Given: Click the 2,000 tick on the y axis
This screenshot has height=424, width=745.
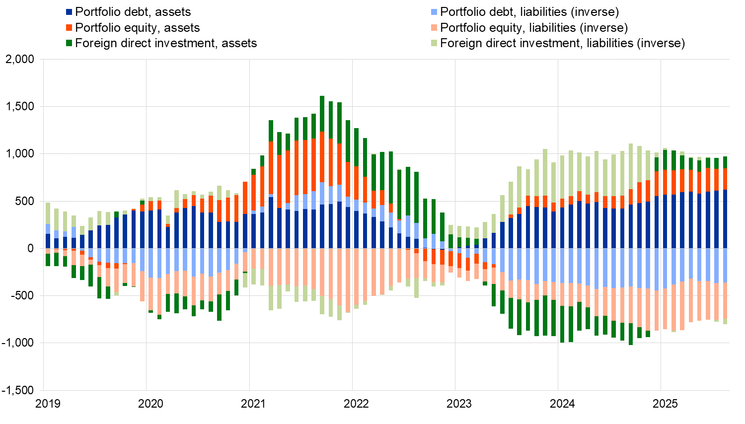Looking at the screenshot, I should click(20, 60).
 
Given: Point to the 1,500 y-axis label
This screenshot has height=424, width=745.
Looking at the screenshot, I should click(20, 107).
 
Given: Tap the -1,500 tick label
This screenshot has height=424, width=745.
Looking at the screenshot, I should click(18, 390).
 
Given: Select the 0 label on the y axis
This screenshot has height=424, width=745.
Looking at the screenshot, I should click(31, 248).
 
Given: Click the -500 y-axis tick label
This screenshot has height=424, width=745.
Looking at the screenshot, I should click(22, 296).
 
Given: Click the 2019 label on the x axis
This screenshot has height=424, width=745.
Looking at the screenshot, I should click(48, 404).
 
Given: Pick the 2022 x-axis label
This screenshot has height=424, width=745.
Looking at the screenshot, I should click(356, 404).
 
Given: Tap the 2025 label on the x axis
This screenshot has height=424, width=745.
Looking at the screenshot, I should click(665, 404).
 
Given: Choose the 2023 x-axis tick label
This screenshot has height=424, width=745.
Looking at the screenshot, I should click(459, 404).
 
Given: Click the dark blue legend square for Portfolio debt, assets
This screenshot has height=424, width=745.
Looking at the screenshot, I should click(70, 12).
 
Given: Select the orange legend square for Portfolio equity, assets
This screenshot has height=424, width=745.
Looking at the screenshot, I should click(70, 28).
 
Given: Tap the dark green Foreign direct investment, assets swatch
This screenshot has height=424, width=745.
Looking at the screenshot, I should click(70, 43).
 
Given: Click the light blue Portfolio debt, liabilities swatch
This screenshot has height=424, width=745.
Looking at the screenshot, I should click(435, 12).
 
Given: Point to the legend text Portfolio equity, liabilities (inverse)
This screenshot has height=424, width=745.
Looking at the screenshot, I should click(534, 28).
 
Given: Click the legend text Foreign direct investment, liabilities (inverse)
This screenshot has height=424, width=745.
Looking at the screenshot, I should click(562, 43).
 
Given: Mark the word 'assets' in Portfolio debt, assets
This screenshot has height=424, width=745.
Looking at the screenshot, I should click(173, 12).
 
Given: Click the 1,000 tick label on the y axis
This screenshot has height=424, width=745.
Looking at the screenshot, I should click(20, 154).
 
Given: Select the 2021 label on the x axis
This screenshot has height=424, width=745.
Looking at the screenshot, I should click(253, 404).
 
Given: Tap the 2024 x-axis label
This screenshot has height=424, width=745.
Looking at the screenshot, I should click(562, 404).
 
